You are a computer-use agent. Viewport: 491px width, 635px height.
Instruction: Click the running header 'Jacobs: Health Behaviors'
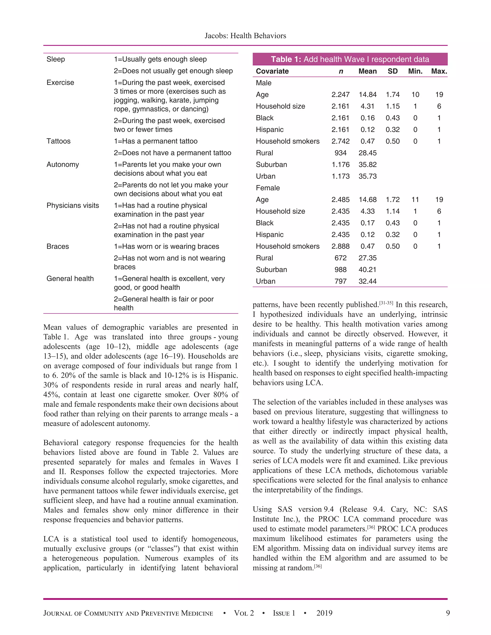tap(245, 36)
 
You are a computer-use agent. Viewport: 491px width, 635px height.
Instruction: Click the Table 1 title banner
tap(350, 59)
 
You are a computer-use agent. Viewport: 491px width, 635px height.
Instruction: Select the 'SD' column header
tap(392, 71)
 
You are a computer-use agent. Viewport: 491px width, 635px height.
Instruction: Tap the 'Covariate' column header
tap(272, 71)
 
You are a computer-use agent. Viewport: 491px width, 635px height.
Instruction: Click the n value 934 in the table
tap(340, 153)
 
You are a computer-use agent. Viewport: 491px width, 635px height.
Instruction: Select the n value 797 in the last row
tap(340, 281)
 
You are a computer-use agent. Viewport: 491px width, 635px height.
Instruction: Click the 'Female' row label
tap(268, 188)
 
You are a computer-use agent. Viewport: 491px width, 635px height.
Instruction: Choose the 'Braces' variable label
tap(58, 246)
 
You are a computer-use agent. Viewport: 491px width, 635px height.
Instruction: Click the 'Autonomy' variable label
tap(63, 165)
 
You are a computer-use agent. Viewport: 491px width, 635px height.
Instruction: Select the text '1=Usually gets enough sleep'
tap(160, 59)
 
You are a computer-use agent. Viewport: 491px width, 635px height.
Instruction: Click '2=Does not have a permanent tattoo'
tap(172, 153)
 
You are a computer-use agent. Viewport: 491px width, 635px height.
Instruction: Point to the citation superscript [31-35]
tap(386, 303)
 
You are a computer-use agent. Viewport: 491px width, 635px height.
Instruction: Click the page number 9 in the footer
tap(448, 613)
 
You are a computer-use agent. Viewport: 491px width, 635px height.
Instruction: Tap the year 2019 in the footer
tap(324, 613)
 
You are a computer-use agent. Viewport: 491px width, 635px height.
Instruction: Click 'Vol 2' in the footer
tap(244, 613)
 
